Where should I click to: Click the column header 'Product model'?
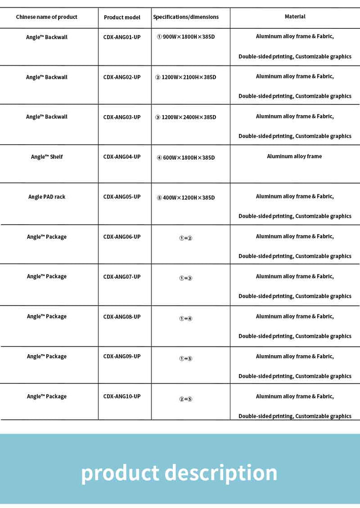click(122, 17)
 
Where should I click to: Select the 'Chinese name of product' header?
click(47, 17)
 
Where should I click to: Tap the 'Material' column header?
click(295, 17)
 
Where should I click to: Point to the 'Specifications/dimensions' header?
click(186, 17)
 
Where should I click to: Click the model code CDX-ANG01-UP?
click(122, 37)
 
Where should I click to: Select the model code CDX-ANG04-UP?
click(122, 157)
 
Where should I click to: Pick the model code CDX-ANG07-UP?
click(122, 277)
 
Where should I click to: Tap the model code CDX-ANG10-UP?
click(122, 396)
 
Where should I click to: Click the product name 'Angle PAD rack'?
click(47, 197)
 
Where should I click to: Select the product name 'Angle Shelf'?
click(47, 157)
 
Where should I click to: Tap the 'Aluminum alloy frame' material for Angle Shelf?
click(294, 156)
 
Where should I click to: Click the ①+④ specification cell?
click(186, 318)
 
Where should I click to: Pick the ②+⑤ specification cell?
click(186, 398)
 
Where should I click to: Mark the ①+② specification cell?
click(186, 238)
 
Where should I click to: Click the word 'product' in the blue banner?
click(120, 473)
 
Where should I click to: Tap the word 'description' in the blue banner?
click(221, 473)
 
